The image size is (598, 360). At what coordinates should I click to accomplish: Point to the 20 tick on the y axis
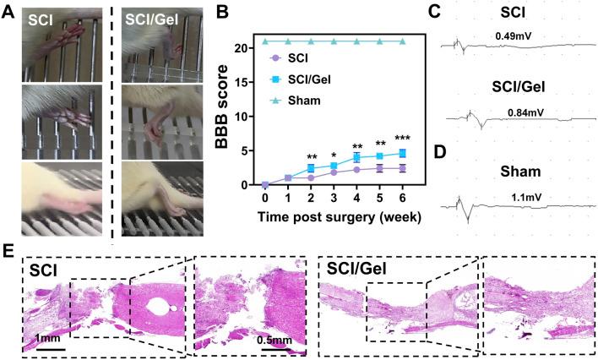[x=247, y=48]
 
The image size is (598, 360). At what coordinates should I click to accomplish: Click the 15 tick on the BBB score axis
[x=247, y=82]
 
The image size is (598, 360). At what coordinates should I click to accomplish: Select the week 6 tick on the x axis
[x=402, y=198]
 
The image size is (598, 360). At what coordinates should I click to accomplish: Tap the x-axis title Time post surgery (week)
[x=335, y=216]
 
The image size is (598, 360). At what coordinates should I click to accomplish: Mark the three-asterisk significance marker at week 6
[x=402, y=139]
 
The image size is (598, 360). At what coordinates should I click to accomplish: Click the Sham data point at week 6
[x=402, y=41]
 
